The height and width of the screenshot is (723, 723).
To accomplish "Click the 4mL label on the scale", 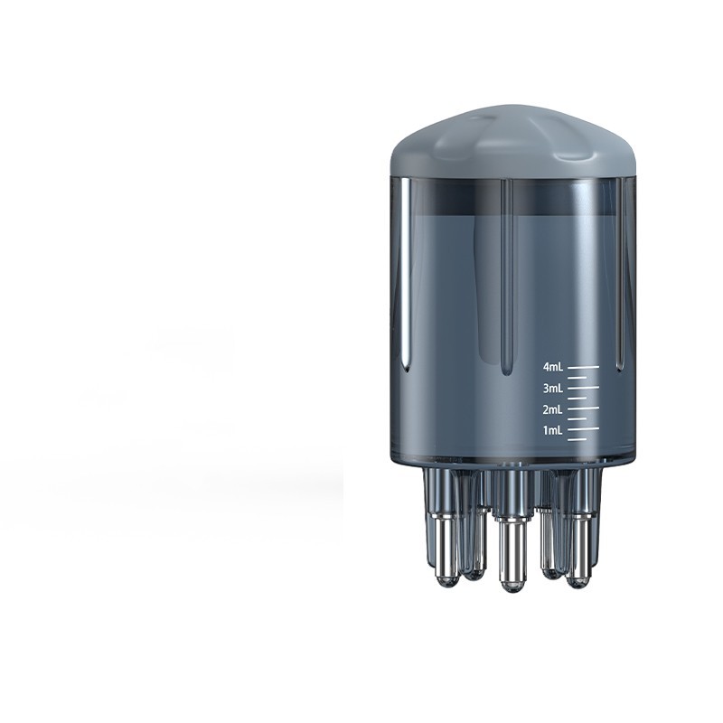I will (x=553, y=367).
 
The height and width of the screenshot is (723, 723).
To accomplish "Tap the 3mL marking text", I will (x=553, y=389).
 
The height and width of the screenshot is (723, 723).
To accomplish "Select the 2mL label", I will (x=553, y=409).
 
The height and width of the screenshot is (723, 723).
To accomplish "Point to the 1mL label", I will (x=553, y=430).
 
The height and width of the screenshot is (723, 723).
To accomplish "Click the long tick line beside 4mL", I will (x=584, y=367).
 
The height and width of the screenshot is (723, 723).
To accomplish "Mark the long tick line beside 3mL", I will (x=584, y=388).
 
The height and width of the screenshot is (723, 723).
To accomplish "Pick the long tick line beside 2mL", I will (x=584, y=408).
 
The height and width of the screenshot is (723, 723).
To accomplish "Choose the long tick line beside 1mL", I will (x=584, y=429).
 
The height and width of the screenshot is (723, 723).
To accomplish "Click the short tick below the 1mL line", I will (x=577, y=439).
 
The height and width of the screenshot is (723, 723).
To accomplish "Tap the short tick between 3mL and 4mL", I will (x=577, y=378).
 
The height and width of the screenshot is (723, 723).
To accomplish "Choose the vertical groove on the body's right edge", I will (x=620, y=271).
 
